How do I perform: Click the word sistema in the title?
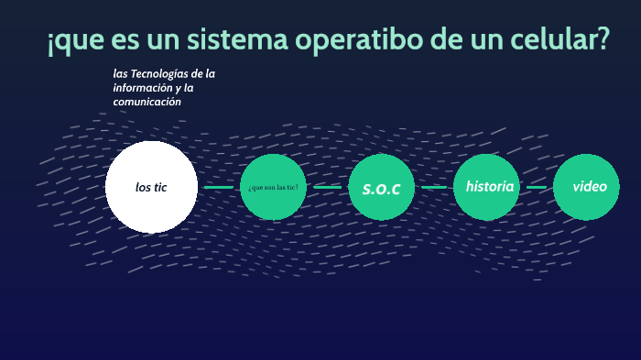click(x=237, y=40)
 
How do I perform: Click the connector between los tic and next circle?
click(x=219, y=187)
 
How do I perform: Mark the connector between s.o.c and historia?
click(x=434, y=187)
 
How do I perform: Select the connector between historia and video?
click(x=537, y=187)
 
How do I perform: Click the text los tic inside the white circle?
click(x=151, y=187)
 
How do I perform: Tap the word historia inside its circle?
click(x=490, y=186)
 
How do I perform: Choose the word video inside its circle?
click(x=590, y=186)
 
